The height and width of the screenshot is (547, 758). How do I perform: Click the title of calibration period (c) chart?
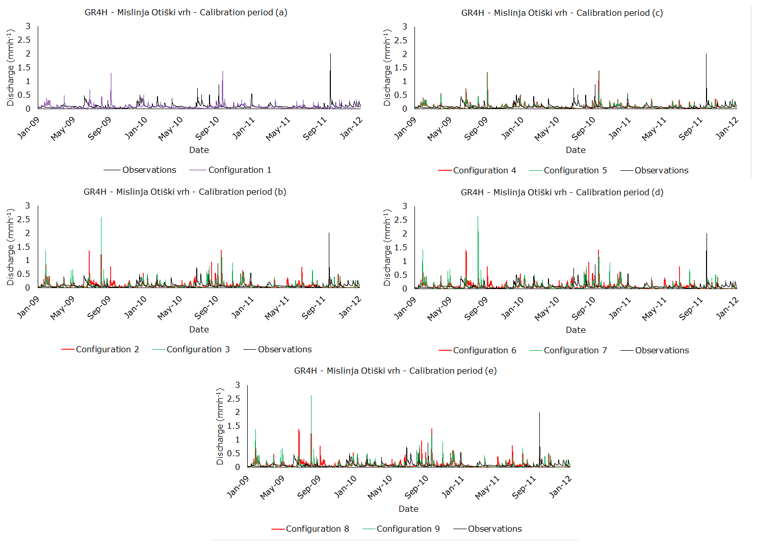[562, 13]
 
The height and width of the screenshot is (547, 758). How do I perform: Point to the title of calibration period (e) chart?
[395, 371]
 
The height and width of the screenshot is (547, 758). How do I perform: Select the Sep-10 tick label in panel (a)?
[207, 128]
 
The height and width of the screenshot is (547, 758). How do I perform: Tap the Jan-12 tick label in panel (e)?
[560, 486]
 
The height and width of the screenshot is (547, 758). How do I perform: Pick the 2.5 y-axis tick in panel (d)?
[401, 220]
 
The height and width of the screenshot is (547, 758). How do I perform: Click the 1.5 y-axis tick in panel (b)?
[24, 247]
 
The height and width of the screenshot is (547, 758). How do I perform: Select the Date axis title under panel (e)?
[408, 509]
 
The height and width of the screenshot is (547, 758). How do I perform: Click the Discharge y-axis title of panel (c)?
[387, 67]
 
